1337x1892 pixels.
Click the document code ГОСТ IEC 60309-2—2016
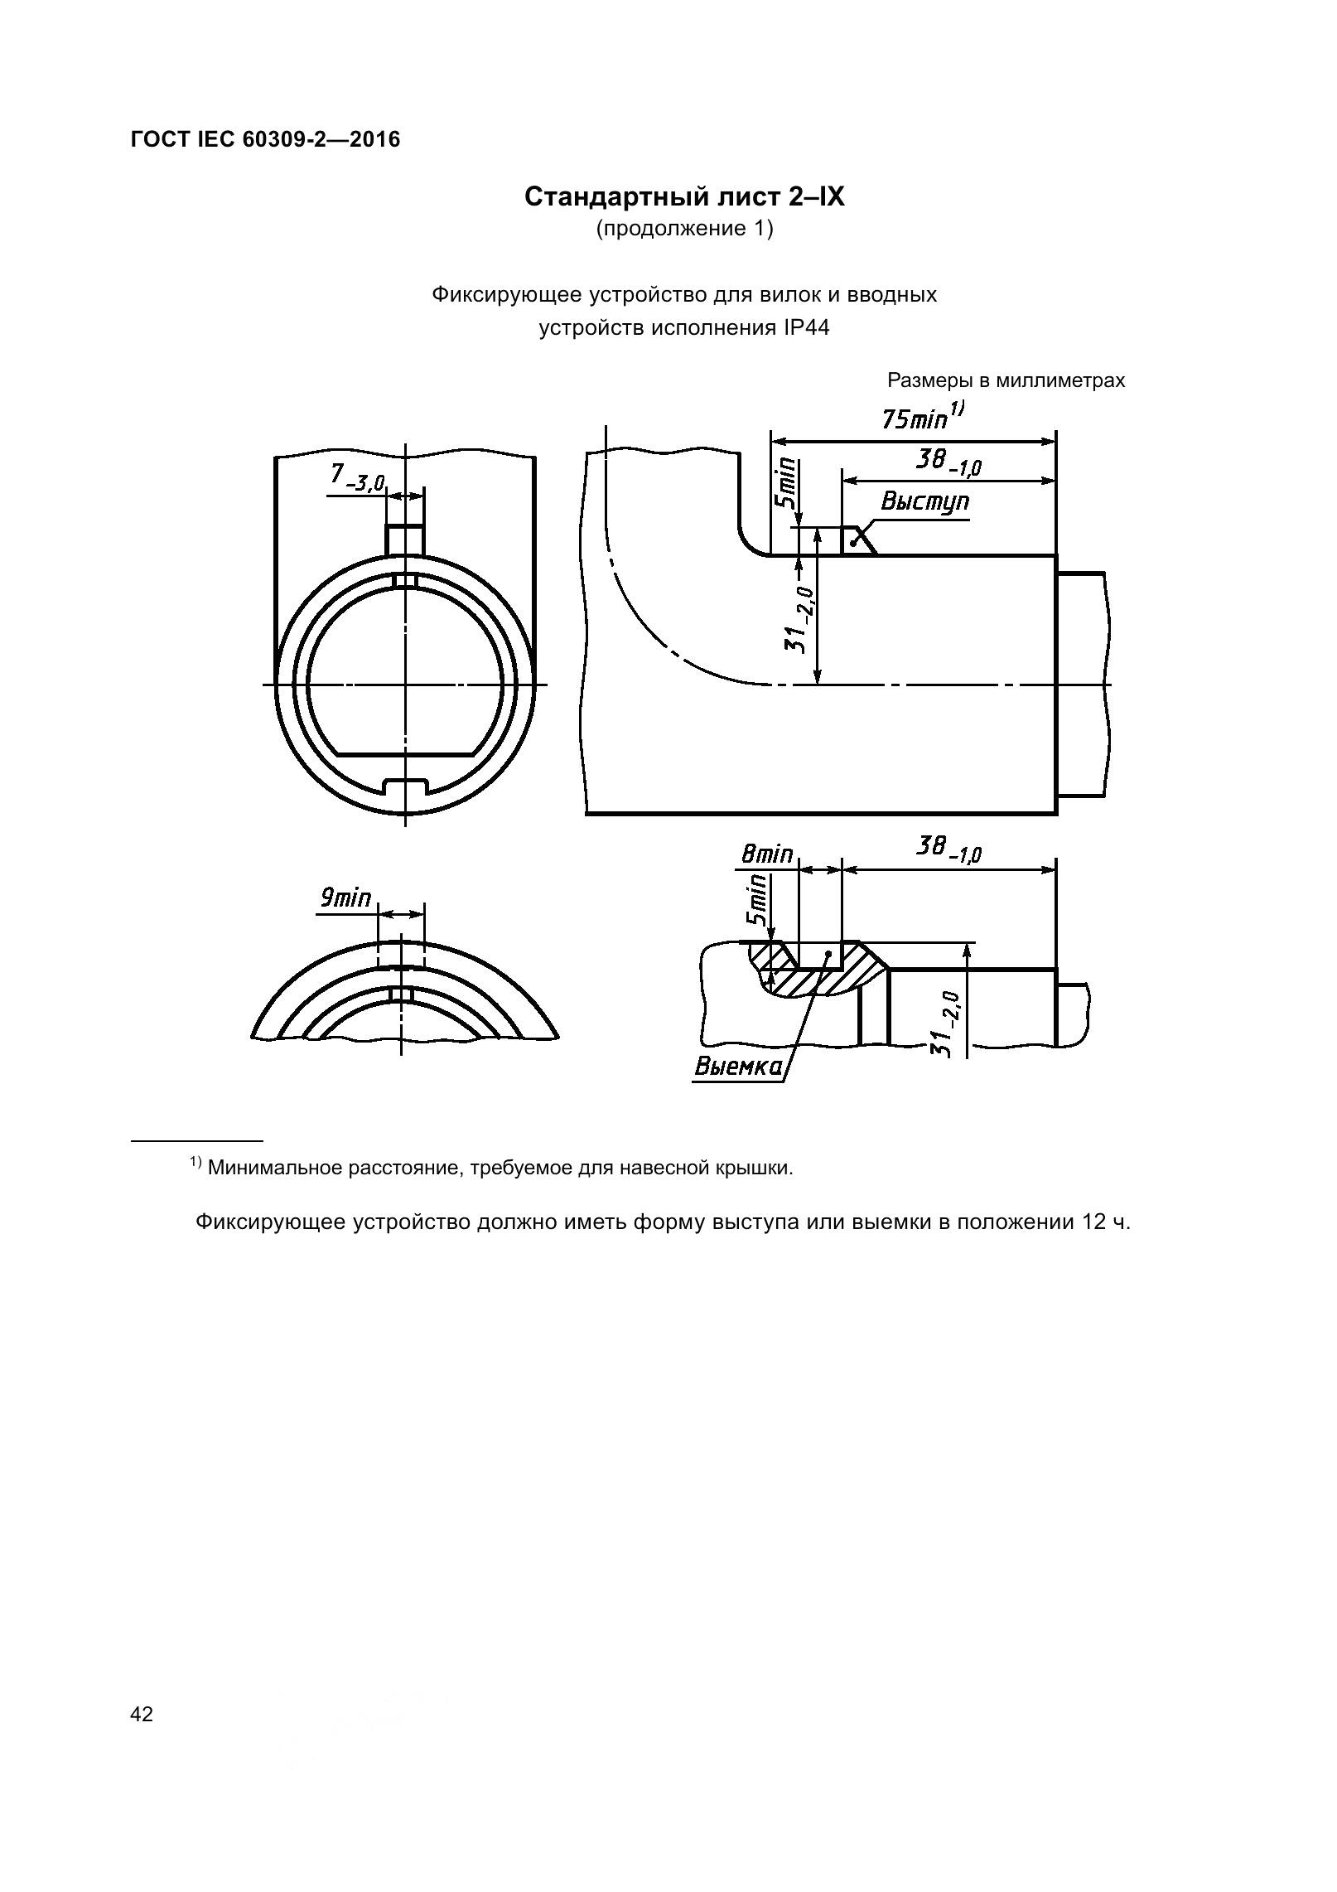pos(265,139)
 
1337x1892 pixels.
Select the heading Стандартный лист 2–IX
pos(684,197)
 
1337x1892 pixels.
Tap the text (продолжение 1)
pos(684,229)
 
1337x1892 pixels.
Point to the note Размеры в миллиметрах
pos(1006,380)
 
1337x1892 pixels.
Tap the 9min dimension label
pos(345,898)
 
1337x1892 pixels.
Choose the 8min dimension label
pos(766,854)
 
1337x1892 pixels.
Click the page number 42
pos(142,1714)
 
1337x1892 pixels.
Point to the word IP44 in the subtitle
pos(805,328)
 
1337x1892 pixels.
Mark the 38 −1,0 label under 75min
pos(948,462)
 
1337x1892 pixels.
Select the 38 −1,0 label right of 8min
pos(948,849)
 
